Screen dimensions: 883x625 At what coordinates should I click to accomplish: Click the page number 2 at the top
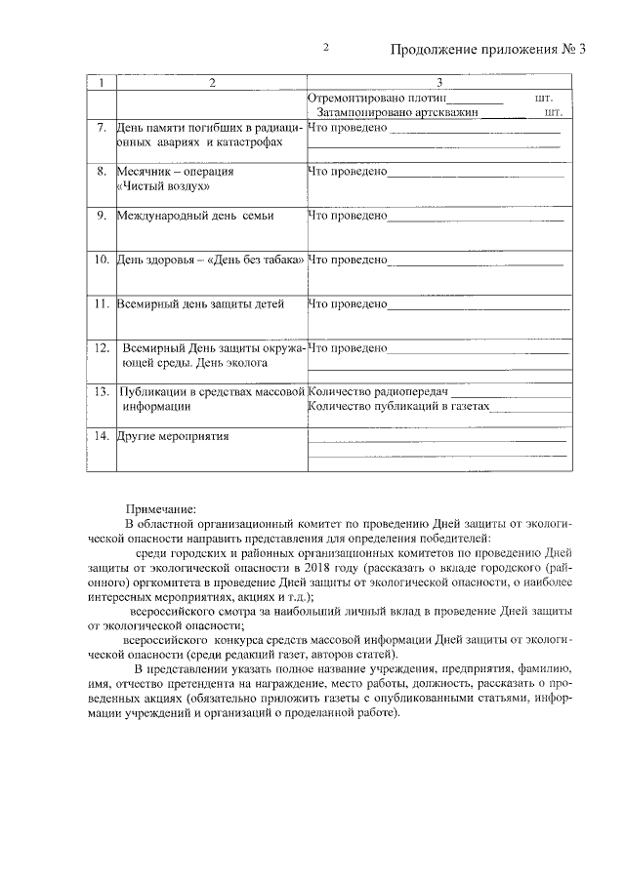coord(326,49)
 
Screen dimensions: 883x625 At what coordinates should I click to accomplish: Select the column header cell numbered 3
coord(440,83)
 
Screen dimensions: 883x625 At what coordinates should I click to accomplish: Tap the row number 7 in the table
coord(102,128)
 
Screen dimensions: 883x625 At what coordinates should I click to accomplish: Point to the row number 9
coord(102,215)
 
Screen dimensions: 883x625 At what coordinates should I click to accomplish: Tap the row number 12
coord(102,347)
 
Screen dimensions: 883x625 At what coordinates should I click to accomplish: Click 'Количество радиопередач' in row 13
coord(370,391)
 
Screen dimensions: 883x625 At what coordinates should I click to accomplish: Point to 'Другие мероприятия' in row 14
coord(173,435)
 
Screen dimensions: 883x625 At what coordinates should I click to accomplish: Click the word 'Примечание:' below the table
coord(161,507)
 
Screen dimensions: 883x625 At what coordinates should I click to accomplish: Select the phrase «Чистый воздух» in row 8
coord(162,185)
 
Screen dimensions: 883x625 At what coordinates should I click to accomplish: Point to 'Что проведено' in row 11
coord(348,303)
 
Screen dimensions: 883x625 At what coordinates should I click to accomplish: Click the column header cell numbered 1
coord(102,83)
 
